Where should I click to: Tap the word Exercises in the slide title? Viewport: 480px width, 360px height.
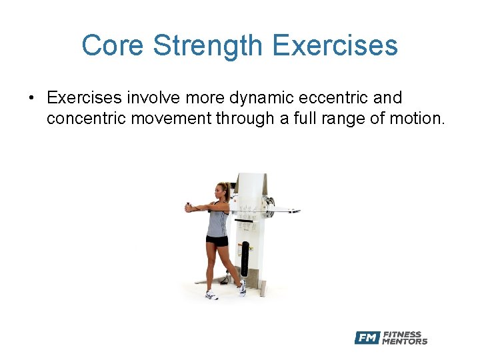pyautogui.click(x=335, y=46)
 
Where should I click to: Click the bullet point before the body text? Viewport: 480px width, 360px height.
pyautogui.click(x=31, y=99)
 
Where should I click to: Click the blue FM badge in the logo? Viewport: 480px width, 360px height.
pyautogui.click(x=367, y=338)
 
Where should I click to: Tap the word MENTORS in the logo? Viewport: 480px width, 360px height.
pyautogui.click(x=405, y=342)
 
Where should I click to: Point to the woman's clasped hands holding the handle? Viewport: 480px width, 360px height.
pyautogui.click(x=189, y=208)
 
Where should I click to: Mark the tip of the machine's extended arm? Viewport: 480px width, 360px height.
pyautogui.click(x=298, y=211)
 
